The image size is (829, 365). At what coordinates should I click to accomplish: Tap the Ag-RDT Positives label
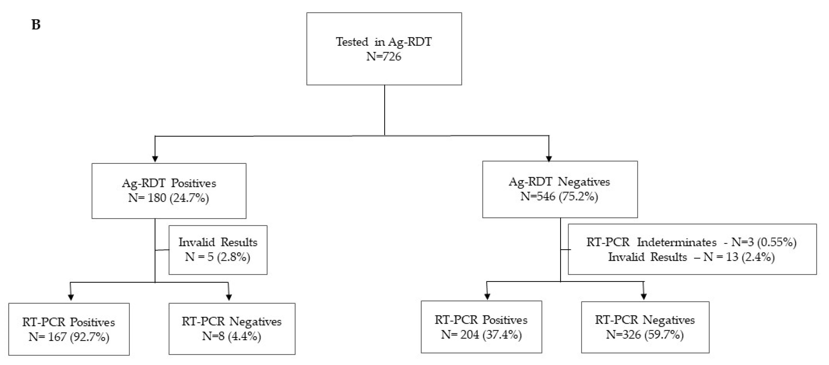[x=169, y=183]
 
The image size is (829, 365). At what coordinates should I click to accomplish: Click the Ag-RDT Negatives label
[x=559, y=182]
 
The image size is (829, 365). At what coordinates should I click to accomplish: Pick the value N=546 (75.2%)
[x=559, y=196]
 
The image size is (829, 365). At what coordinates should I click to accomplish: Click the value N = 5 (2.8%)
[x=218, y=257]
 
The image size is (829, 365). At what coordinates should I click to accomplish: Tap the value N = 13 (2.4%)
[x=739, y=257]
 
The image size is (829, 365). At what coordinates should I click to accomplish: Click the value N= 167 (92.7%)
[x=69, y=337]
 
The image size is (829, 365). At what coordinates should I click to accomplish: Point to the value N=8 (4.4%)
[x=231, y=336]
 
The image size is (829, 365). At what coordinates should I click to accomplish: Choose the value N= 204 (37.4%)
[x=481, y=335]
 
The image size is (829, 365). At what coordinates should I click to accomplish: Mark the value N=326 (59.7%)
[x=645, y=335]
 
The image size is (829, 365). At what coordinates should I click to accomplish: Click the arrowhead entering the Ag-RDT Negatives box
[x=549, y=159]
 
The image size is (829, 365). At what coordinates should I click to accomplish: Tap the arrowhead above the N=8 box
[x=229, y=298]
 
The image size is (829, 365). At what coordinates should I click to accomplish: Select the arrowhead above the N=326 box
[x=644, y=297]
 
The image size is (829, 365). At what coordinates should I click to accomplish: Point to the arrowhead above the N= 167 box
[x=71, y=298]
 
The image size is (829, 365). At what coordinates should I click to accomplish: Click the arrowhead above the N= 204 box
[x=487, y=297]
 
